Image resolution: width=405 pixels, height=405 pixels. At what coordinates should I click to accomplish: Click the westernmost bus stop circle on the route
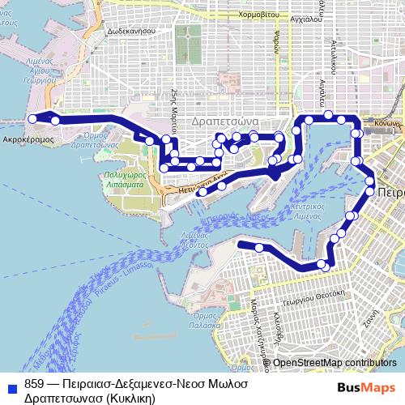[33, 119]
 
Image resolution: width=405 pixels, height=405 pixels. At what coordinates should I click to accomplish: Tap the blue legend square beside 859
[11, 383]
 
